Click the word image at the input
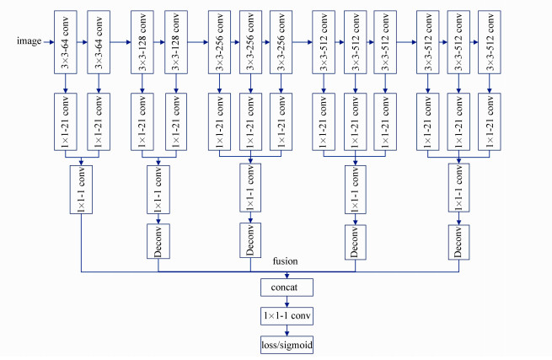[x=29, y=40]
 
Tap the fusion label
[x=286, y=261]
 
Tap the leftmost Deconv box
[x=158, y=241]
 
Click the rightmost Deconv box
[x=458, y=241]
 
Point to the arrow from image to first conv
[x=47, y=40]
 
